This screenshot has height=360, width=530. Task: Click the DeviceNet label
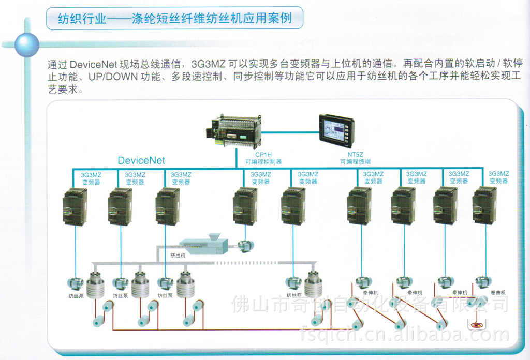point(141,160)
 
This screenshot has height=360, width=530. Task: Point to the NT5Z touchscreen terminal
point(336,130)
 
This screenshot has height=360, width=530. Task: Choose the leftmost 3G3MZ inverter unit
point(75,206)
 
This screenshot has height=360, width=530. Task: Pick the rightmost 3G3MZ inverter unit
point(484,205)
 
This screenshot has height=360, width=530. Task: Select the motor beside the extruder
point(244,246)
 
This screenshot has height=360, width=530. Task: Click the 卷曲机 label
point(498,293)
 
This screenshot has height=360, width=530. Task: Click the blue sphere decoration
point(26,44)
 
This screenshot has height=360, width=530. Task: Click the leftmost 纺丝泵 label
point(76,296)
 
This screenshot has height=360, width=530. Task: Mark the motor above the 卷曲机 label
point(483,281)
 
